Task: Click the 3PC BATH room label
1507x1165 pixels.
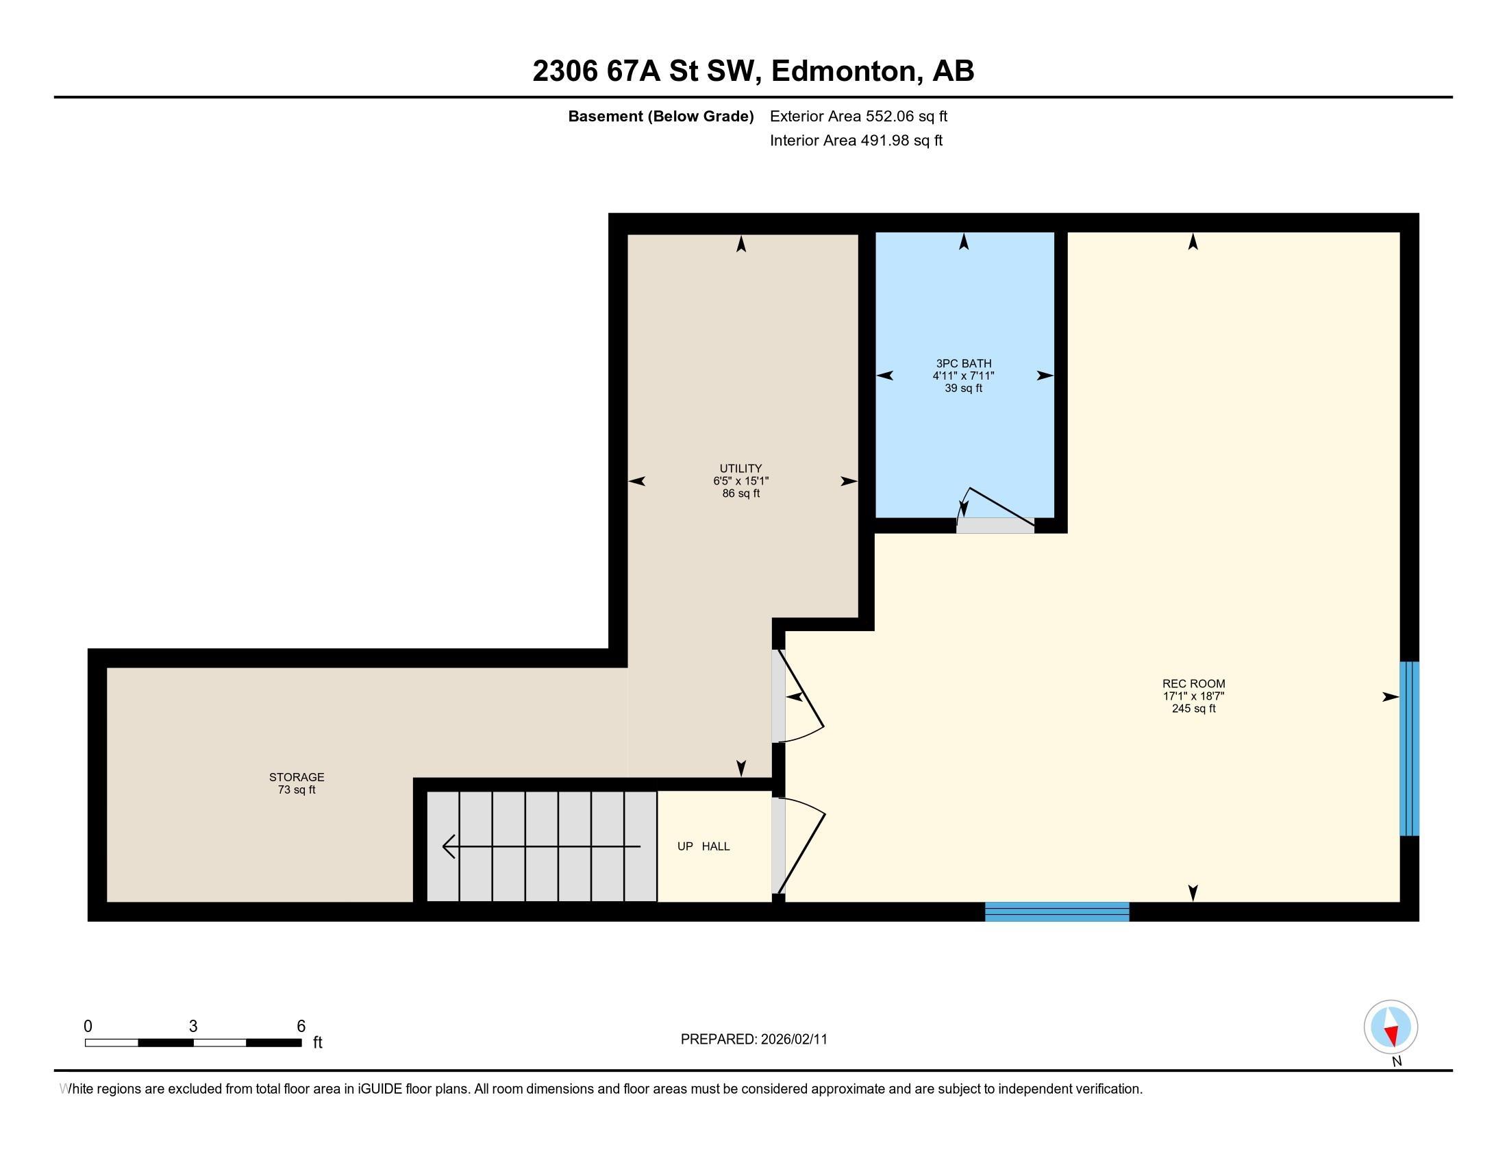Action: coord(963,363)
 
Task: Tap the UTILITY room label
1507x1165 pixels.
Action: coord(740,469)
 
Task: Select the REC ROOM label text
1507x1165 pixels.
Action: coord(1193,684)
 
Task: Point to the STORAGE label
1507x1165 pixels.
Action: coord(297,777)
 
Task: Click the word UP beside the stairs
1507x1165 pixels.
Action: coord(685,846)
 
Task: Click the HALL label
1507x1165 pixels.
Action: coord(716,846)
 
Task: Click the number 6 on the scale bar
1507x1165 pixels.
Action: coord(301,1027)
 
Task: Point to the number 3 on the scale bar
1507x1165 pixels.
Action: coord(193,1027)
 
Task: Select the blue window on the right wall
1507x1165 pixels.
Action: coord(1409,749)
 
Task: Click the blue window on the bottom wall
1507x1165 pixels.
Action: coord(1056,911)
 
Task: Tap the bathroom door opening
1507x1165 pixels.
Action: coord(995,525)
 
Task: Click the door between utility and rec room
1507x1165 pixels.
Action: coord(778,696)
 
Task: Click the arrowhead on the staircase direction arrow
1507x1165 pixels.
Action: coord(449,846)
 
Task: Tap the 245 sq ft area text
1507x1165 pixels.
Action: coord(1193,709)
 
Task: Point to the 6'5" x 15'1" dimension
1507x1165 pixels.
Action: coord(740,481)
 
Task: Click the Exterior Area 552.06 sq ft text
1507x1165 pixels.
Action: coord(858,116)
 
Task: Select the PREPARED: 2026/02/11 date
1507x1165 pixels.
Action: coord(754,1040)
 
